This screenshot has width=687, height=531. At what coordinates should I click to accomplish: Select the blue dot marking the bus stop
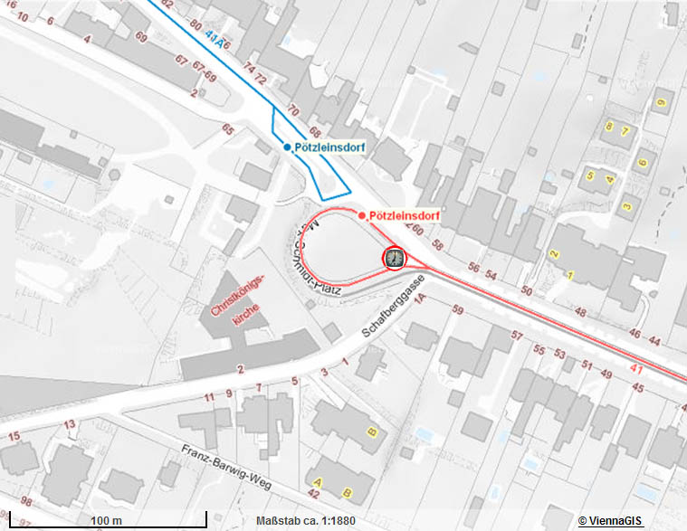(288, 147)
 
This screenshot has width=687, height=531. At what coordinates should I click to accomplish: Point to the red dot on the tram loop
(362, 215)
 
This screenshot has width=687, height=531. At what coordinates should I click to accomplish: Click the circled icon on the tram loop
(395, 259)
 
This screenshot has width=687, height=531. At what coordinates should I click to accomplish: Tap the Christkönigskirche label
(238, 299)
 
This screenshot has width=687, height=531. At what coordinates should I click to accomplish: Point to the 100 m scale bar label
(107, 521)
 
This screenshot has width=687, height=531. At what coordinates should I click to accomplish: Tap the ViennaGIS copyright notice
(610, 521)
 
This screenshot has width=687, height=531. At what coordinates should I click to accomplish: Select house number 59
(458, 311)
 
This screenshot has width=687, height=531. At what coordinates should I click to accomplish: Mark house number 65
(228, 129)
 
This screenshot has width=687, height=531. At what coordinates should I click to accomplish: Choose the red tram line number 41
(636, 369)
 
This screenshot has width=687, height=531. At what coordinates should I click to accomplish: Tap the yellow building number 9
(661, 101)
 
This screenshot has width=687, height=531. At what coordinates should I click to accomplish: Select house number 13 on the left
(71, 424)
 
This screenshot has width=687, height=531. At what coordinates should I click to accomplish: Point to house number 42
(314, 494)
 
